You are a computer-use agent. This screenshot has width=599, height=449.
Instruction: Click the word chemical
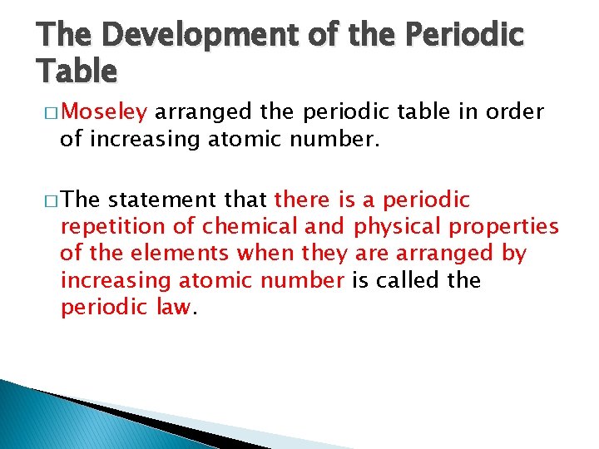coord(241,227)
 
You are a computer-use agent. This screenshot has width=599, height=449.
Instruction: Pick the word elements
coord(175,254)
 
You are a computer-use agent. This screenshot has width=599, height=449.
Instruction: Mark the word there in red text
coord(302,200)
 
